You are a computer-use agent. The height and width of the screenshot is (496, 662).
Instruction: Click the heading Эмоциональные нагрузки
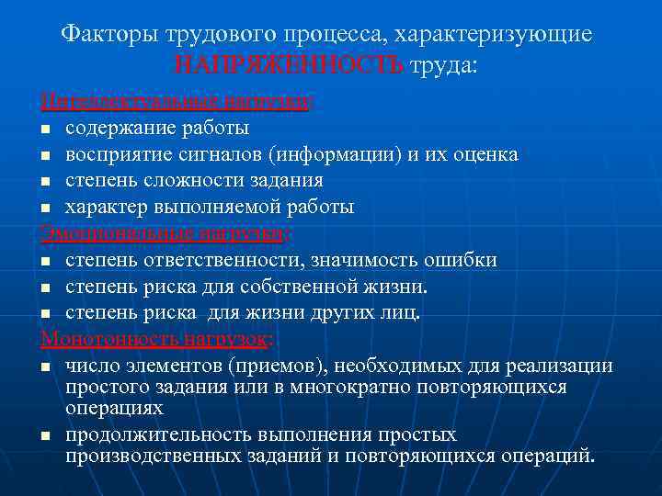[x=164, y=233]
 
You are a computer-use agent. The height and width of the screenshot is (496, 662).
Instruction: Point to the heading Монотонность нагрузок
[x=154, y=339]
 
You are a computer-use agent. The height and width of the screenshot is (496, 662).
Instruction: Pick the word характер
[x=105, y=208]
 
